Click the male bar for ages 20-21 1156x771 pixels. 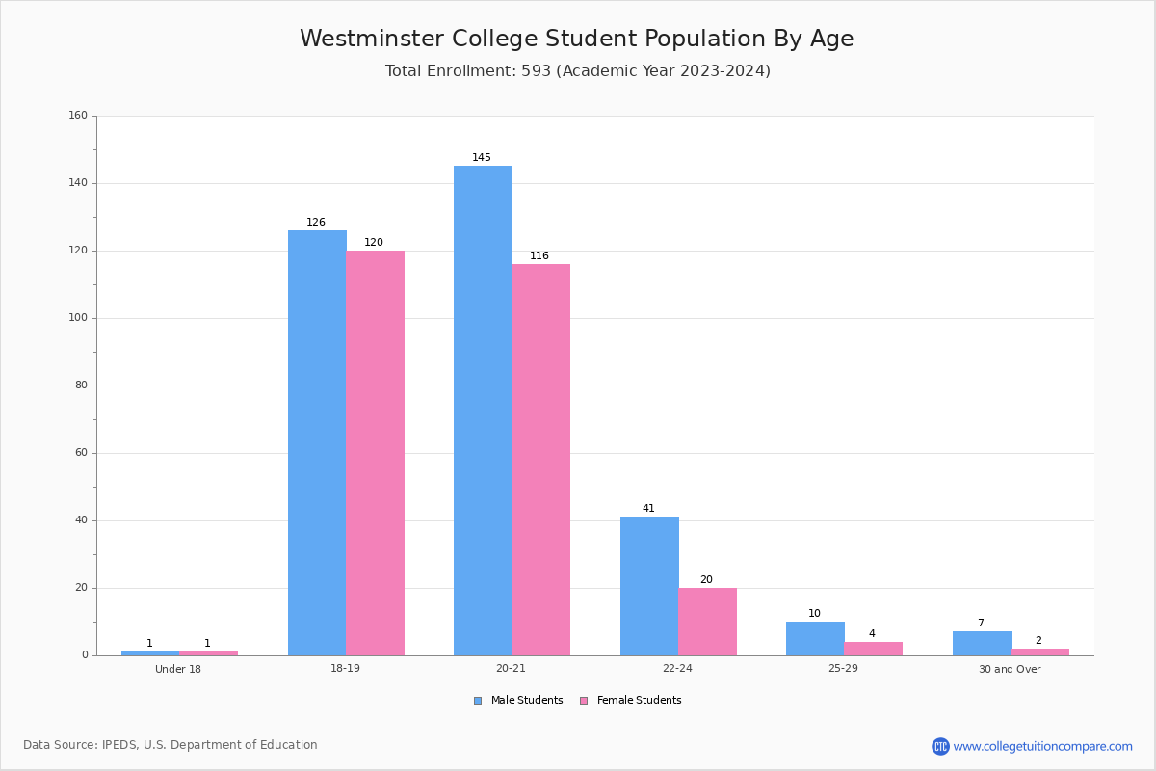click(483, 411)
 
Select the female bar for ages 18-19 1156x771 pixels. click(376, 453)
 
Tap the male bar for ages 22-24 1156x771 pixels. click(649, 586)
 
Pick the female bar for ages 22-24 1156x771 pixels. click(707, 622)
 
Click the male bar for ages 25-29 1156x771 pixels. click(815, 639)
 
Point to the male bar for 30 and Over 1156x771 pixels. click(982, 644)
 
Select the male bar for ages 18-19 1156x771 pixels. click(317, 442)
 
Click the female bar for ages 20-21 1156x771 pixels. click(541, 460)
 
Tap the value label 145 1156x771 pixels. click(482, 158)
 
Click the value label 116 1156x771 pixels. click(539, 256)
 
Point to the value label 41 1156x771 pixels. click(648, 509)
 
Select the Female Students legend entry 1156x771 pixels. click(631, 701)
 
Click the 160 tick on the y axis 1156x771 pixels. click(78, 116)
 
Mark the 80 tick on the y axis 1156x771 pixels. click(81, 385)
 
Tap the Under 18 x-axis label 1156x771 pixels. click(178, 669)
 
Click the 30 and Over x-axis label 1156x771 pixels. click(1010, 669)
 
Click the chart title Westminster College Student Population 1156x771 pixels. click(576, 39)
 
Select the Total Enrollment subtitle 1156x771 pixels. click(577, 71)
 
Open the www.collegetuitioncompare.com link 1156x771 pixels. click(1042, 747)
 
